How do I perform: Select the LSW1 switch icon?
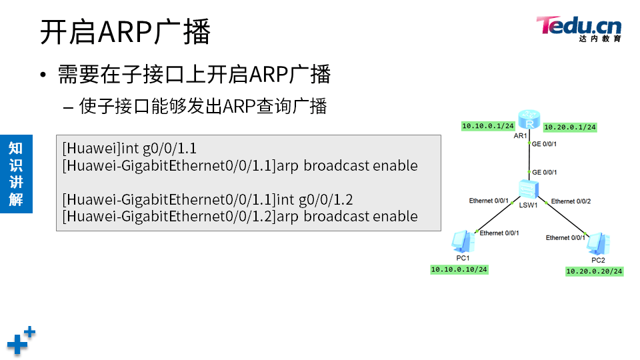click(529, 188)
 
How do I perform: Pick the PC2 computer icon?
click(597, 244)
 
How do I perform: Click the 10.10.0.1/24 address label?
click(488, 125)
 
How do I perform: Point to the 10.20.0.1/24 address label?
click(570, 127)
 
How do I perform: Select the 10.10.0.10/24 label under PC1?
click(459, 269)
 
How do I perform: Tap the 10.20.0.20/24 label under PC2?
click(594, 271)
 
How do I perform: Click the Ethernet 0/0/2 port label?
click(571, 201)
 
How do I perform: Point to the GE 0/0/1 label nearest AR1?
click(544, 143)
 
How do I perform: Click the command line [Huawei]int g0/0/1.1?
click(129, 148)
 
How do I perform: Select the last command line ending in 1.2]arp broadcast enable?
click(240, 216)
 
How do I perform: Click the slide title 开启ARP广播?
click(125, 32)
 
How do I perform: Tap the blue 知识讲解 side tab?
click(16, 173)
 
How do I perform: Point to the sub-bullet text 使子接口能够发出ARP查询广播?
click(203, 106)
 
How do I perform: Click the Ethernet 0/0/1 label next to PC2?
click(565, 238)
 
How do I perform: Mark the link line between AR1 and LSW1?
click(529, 157)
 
